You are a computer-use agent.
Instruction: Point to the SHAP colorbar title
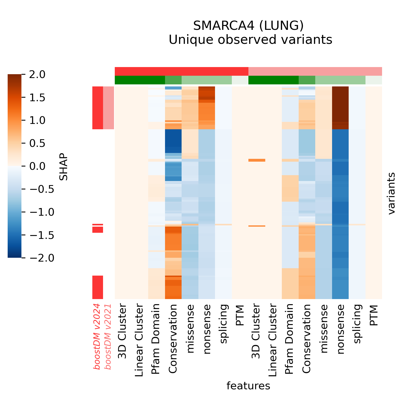click(x=63, y=166)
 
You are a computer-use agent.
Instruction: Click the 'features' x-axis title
click(x=248, y=386)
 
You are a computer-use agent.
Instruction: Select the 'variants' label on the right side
click(x=392, y=193)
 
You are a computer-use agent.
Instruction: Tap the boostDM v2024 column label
click(x=97, y=337)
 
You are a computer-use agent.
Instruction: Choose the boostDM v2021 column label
click(x=108, y=337)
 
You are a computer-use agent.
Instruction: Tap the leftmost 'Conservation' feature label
click(x=173, y=339)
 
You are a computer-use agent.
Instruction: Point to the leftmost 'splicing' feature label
click(x=223, y=324)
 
